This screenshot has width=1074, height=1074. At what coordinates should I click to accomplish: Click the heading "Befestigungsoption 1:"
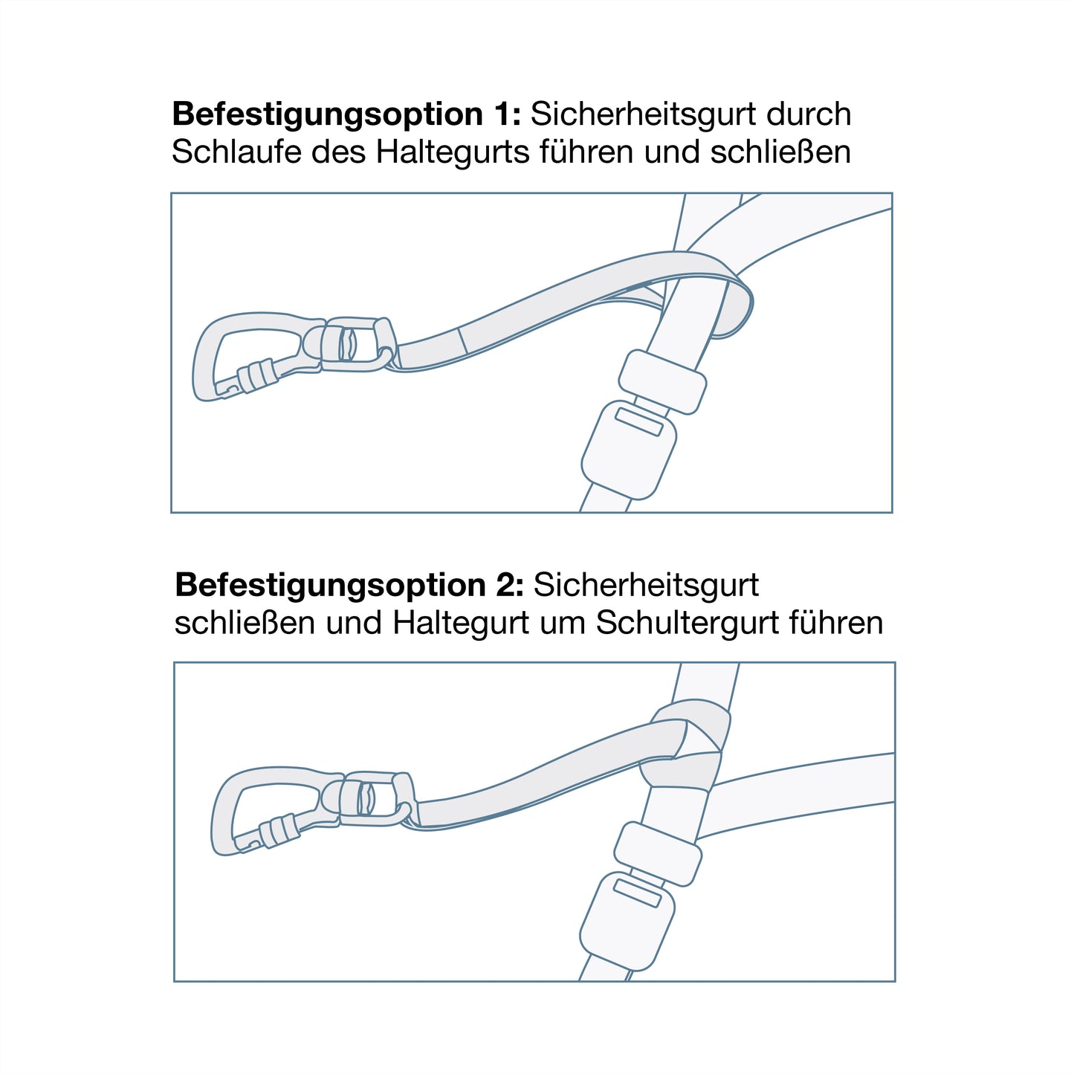346,114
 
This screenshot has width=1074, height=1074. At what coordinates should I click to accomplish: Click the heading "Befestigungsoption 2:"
349,585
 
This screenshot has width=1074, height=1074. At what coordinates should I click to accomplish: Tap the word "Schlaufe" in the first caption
236,152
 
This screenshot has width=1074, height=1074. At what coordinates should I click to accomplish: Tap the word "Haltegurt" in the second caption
460,623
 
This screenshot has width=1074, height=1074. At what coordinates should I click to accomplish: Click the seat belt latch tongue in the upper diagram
662,381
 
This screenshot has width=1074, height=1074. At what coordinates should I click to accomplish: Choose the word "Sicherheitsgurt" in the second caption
646,585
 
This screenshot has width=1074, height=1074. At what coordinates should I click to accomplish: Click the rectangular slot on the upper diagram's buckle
639,421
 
